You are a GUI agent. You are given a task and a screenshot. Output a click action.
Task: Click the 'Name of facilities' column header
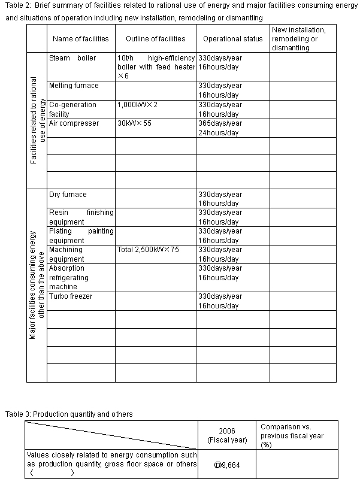tap(81, 39)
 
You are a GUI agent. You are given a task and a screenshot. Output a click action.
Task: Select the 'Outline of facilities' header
tap(156, 39)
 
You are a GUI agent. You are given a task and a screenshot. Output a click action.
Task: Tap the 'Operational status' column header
tap(233, 39)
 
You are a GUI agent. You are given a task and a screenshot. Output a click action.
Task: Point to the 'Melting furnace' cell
tap(74, 86)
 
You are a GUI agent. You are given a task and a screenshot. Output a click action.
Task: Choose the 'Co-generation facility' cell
tap(72, 109)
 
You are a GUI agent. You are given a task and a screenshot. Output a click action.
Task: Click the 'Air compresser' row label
tap(74, 123)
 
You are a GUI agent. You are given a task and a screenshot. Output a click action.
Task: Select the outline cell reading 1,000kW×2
tap(138, 105)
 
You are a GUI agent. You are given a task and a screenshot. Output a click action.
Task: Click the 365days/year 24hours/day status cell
tap(220, 128)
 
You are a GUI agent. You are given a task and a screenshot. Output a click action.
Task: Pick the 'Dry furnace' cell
tap(68, 195)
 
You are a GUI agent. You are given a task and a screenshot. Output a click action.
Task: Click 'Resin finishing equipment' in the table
tap(81, 217)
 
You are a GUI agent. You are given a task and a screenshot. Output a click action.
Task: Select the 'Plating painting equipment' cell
tap(81, 236)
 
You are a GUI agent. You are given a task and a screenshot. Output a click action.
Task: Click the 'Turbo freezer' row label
tap(71, 296)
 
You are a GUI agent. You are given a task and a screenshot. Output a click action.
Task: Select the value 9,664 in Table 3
tap(222, 463)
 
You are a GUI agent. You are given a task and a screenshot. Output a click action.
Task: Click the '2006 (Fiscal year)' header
tap(227, 435)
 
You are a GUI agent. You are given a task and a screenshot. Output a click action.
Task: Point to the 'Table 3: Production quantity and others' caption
tap(69, 414)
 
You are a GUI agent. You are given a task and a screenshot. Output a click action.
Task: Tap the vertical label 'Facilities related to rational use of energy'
tap(37, 120)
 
